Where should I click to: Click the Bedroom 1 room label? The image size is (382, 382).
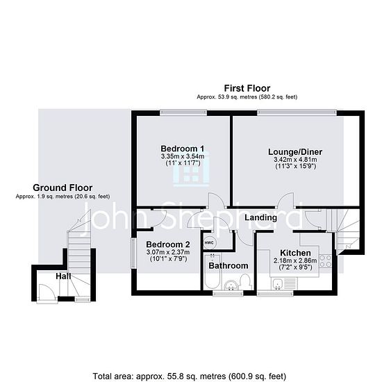pos(183,149)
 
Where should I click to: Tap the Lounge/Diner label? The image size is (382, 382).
pos(295,152)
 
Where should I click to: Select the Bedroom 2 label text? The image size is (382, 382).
pos(168,244)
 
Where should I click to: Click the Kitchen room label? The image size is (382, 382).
pos(295,253)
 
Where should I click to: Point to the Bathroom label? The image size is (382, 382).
pos(229,265)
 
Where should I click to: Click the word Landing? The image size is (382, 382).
pos(260,217)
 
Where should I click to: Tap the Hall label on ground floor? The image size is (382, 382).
pos(63,276)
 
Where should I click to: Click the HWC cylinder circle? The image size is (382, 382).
pos(209,243)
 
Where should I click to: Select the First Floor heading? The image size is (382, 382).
pos(247,88)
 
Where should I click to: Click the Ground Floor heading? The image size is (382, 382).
pos(63,188)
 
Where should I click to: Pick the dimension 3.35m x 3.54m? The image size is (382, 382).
pos(183,156)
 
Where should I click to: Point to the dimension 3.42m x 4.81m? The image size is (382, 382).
pos(295,160)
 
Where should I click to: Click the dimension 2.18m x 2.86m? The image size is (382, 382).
pos(295,260)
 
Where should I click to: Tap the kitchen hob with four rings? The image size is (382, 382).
pos(326,261)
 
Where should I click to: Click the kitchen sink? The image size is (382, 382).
pos(278,284)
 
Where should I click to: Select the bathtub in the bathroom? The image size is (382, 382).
pos(212,272)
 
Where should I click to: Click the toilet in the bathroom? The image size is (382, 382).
pos(244,282)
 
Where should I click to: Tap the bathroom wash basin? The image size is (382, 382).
pos(231,285)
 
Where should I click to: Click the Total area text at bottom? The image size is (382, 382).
pos(190,376)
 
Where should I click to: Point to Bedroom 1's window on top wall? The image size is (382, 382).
pos(183,113)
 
